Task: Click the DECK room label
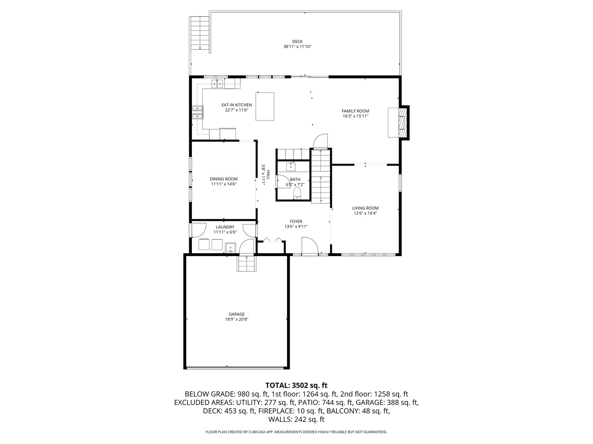(x=297, y=42)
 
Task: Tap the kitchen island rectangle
(x=265, y=106)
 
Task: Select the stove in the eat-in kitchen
(x=197, y=112)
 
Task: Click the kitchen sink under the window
(x=217, y=84)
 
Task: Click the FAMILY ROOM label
(x=355, y=111)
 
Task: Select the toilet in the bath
(x=297, y=194)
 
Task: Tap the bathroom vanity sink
(x=291, y=166)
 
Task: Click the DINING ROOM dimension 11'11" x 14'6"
(x=224, y=184)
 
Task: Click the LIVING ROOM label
(x=365, y=208)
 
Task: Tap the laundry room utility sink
(x=230, y=247)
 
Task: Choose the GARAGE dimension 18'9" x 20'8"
(x=237, y=319)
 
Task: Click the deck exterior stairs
(x=200, y=33)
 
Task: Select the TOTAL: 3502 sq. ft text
(x=296, y=385)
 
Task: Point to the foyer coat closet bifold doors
(x=272, y=240)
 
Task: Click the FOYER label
(x=296, y=222)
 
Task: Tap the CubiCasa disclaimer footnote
(x=296, y=432)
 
